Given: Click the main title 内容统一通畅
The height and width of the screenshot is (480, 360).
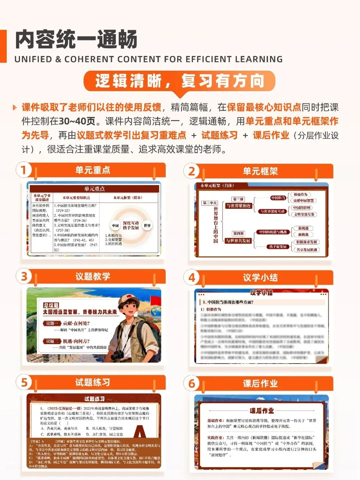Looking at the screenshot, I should [x=76, y=40].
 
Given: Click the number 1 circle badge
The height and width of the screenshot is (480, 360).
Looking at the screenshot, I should [x=24, y=170].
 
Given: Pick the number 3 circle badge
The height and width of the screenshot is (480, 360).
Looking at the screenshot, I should [x=24, y=277].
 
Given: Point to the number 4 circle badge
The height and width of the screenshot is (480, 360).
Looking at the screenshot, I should [x=192, y=278].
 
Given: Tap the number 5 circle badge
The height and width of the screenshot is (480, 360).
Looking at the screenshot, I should [x=24, y=383].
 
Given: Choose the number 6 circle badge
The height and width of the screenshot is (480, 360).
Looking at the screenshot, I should [x=192, y=384].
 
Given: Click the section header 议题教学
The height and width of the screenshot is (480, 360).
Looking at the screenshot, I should [x=93, y=277].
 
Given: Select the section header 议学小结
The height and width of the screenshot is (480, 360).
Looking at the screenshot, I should [x=260, y=278].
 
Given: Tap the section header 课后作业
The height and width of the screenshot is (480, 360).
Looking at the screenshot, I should [x=260, y=384].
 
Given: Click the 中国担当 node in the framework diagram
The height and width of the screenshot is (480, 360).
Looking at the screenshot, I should [x=278, y=198].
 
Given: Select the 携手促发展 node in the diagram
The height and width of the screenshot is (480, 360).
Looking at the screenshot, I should [x=278, y=247].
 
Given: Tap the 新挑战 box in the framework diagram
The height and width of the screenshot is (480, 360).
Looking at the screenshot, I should [x=303, y=235].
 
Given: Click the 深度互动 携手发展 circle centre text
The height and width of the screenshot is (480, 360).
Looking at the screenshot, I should [x=131, y=225].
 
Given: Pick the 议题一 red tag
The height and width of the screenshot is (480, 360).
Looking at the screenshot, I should [x=52, y=323].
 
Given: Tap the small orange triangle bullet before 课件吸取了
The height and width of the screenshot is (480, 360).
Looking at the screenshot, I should [x=15, y=107].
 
